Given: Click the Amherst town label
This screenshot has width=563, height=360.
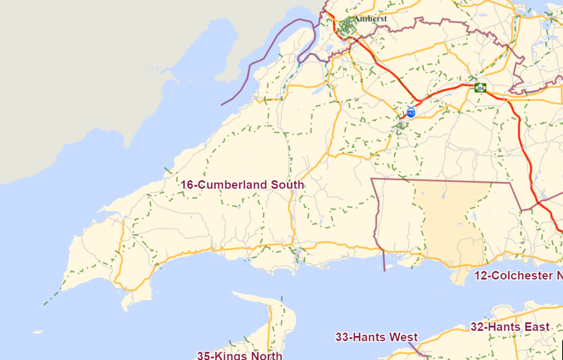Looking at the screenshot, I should tap(370, 18).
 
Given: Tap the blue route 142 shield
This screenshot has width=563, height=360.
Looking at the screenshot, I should tap(411, 113).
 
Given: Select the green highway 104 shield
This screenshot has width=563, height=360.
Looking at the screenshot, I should tap(480, 87).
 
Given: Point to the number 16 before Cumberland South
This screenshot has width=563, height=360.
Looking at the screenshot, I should tap(187, 185).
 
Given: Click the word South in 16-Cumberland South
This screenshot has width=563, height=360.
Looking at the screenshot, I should tap(287, 185).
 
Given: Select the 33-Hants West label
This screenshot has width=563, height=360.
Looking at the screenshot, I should tap(376, 337).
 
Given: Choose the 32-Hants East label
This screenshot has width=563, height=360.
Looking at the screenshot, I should tap(510, 327).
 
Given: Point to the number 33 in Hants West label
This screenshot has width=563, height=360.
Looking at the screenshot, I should tap(341, 337).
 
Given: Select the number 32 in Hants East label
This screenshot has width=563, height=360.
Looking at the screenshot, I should tap(477, 327).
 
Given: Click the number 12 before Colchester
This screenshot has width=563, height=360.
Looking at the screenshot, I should tap(480, 276).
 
